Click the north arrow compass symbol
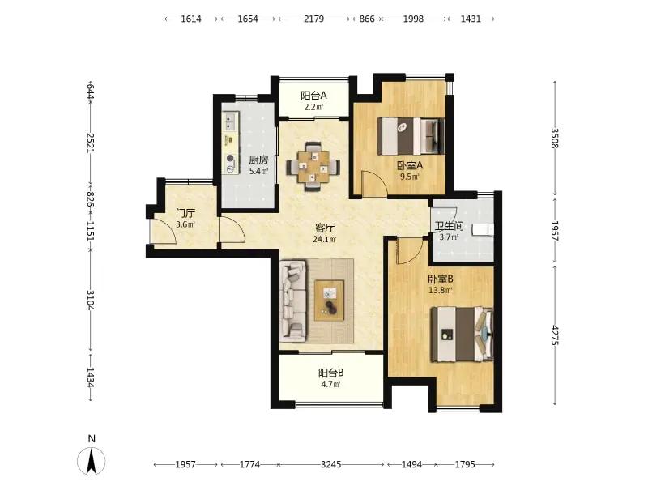[x=92, y=460]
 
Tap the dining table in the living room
[x=313, y=167]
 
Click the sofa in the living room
[x=293, y=301]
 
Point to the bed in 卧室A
[x=412, y=136]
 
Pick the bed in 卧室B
[x=462, y=335]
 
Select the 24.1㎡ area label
[x=325, y=239]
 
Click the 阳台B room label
[x=330, y=373]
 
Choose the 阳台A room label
[x=313, y=96]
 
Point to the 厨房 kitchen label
[x=258, y=160]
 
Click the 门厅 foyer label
[x=185, y=214]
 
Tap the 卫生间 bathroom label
[x=449, y=227]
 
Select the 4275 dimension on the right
[x=555, y=335]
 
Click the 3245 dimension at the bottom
[x=331, y=464]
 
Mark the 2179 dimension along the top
[x=314, y=19]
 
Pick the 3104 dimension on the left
[x=91, y=301]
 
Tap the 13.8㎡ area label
[x=441, y=290]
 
